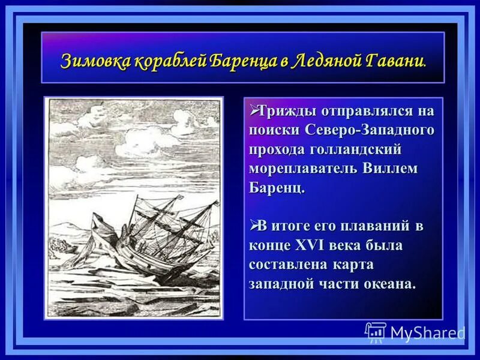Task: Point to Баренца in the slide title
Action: pyautogui.click(x=242, y=61)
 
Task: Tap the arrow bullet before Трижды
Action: pyautogui.click(x=253, y=111)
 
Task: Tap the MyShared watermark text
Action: pyautogui.click(x=427, y=332)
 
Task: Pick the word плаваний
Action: pyautogui.click(x=379, y=227)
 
